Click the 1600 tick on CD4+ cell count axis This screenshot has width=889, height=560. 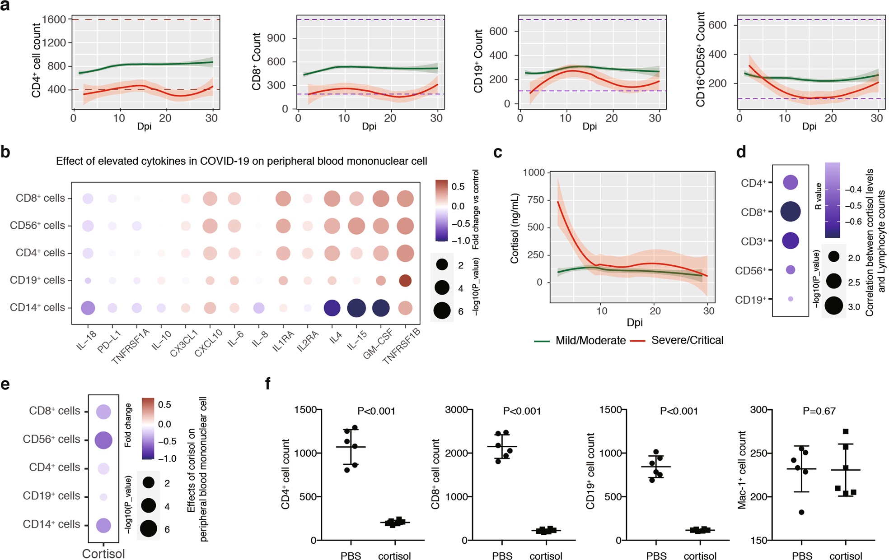(x=54, y=19)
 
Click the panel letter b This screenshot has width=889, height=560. (x=5, y=153)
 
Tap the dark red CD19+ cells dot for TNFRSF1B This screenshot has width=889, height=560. (x=405, y=280)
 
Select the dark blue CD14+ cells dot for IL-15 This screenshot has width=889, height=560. (x=356, y=308)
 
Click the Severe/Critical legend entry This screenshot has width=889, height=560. (x=687, y=340)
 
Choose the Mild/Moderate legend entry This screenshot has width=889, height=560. (x=590, y=341)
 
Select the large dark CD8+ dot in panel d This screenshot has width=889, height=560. (x=791, y=211)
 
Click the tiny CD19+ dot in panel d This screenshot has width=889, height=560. (x=791, y=299)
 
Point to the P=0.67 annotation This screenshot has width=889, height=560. (x=819, y=411)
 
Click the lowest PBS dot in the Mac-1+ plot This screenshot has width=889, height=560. (x=801, y=512)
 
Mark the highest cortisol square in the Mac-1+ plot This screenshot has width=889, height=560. (x=846, y=431)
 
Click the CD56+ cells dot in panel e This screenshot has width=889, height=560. (x=103, y=440)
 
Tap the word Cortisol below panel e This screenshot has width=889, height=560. (x=103, y=553)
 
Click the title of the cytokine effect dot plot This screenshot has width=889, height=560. (x=241, y=162)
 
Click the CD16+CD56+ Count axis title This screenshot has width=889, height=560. (x=701, y=60)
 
